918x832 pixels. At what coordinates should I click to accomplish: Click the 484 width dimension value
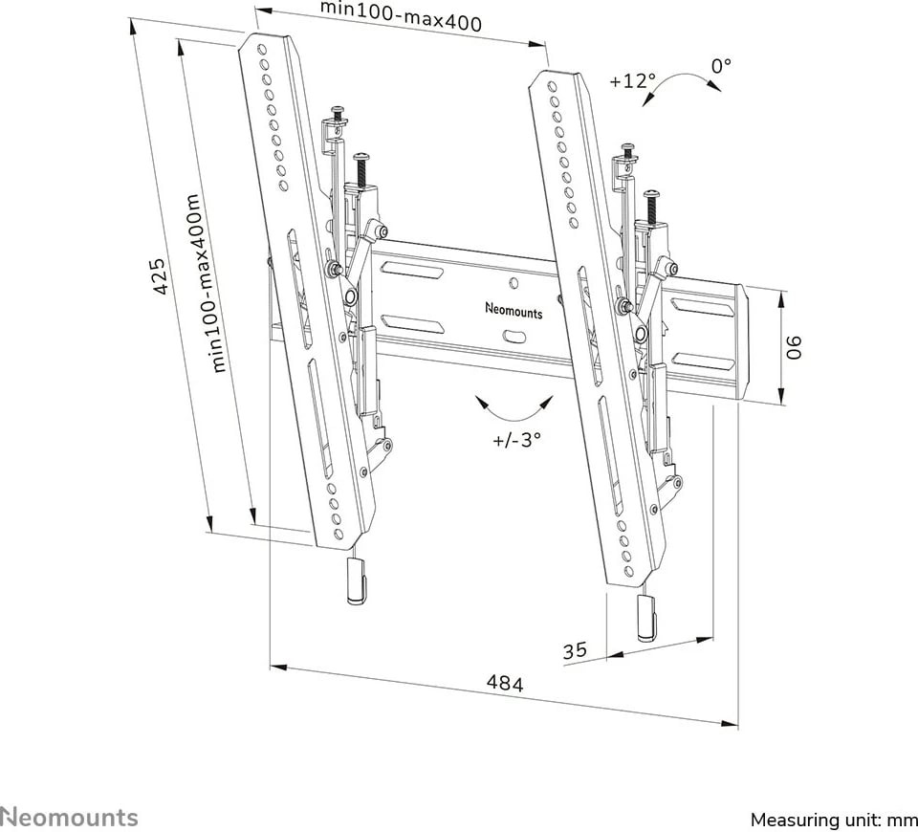(505, 684)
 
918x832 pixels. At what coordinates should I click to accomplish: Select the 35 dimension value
(574, 651)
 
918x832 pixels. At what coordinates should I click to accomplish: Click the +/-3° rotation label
(517, 440)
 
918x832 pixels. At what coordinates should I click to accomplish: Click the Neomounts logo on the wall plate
(514, 312)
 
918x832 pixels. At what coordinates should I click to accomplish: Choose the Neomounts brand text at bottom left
(69, 818)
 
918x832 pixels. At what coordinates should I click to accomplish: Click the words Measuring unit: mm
(834, 820)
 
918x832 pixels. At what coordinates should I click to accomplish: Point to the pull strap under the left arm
(353, 581)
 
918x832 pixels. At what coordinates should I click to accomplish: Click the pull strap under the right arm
(646, 616)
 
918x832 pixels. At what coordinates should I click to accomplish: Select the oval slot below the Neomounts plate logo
(514, 336)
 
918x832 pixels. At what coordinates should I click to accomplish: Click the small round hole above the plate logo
(514, 283)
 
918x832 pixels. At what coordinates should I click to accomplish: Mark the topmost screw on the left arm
(338, 113)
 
